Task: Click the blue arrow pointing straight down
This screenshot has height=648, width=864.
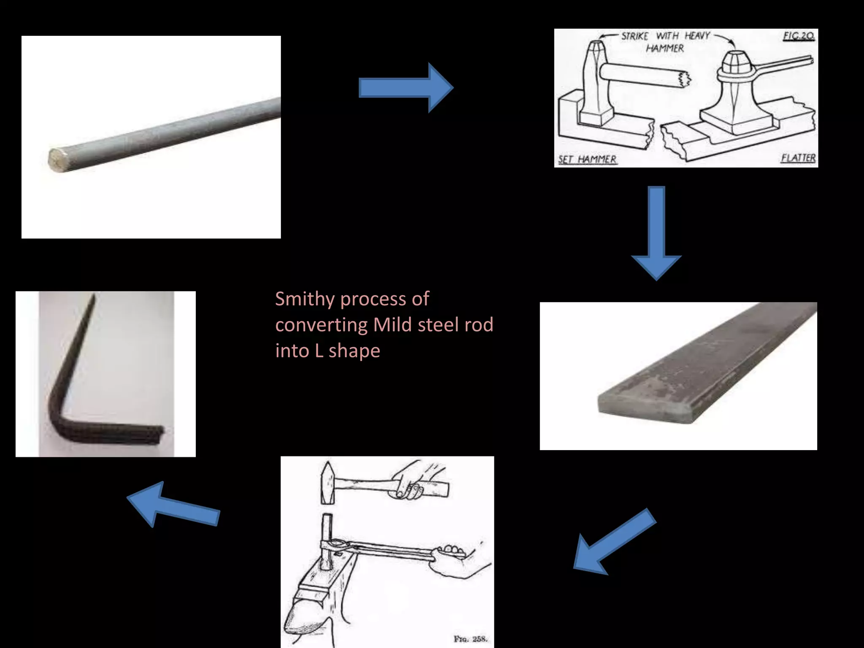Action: [656, 232]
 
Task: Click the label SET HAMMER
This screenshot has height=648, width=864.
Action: [587, 159]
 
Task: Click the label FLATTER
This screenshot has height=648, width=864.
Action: [798, 158]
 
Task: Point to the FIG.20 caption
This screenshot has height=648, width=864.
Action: [798, 36]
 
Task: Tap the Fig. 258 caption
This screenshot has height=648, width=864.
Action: [470, 639]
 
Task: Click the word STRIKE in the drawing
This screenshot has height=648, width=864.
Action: [634, 36]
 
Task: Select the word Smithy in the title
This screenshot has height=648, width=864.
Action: [305, 299]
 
